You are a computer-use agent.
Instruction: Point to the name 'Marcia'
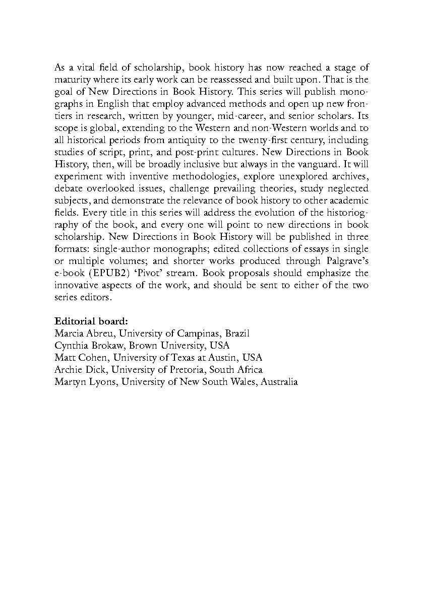tap(69, 334)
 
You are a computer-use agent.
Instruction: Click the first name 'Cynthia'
tap(72, 346)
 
